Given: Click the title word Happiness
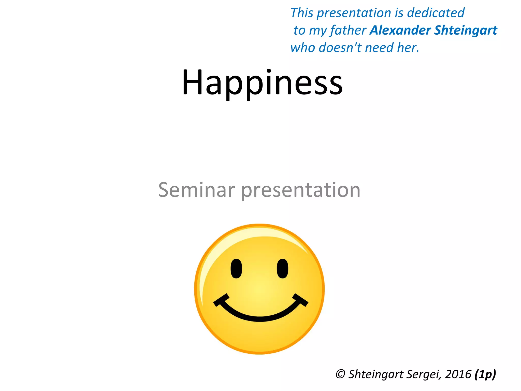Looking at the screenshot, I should pos(262,83).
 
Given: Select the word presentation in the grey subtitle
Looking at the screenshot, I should pos(301,190).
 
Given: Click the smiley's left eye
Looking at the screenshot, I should pos(236,269).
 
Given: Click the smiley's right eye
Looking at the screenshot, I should pos(282,269).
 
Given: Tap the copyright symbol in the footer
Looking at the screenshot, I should pos(340,374).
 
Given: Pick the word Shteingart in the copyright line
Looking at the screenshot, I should pos(376,374).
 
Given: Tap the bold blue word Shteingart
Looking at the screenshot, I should pos(466,31).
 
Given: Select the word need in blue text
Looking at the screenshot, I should pos(379,48).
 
